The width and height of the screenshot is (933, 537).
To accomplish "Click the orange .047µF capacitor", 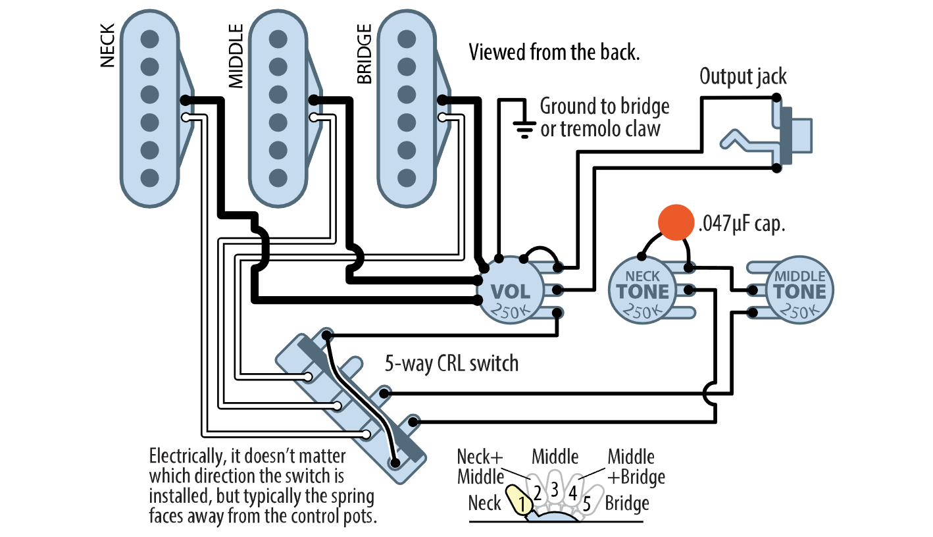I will pyautogui.click(x=676, y=223).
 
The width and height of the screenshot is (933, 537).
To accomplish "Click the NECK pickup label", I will pyautogui.click(x=108, y=46).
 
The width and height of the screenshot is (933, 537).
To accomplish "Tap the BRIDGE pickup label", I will pyautogui.click(x=364, y=55).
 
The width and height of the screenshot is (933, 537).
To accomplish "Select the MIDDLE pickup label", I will pyautogui.click(x=236, y=57).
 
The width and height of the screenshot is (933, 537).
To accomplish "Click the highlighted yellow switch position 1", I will pyautogui.click(x=519, y=501).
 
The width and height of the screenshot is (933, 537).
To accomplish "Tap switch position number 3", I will pyautogui.click(x=554, y=489).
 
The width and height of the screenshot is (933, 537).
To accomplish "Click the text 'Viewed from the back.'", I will pyautogui.click(x=554, y=53).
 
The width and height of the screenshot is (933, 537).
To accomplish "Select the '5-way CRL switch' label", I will pyautogui.click(x=451, y=363).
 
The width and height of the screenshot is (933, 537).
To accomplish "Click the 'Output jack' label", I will pyautogui.click(x=743, y=76).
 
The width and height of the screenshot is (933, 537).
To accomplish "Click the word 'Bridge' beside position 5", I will pyautogui.click(x=627, y=503).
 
